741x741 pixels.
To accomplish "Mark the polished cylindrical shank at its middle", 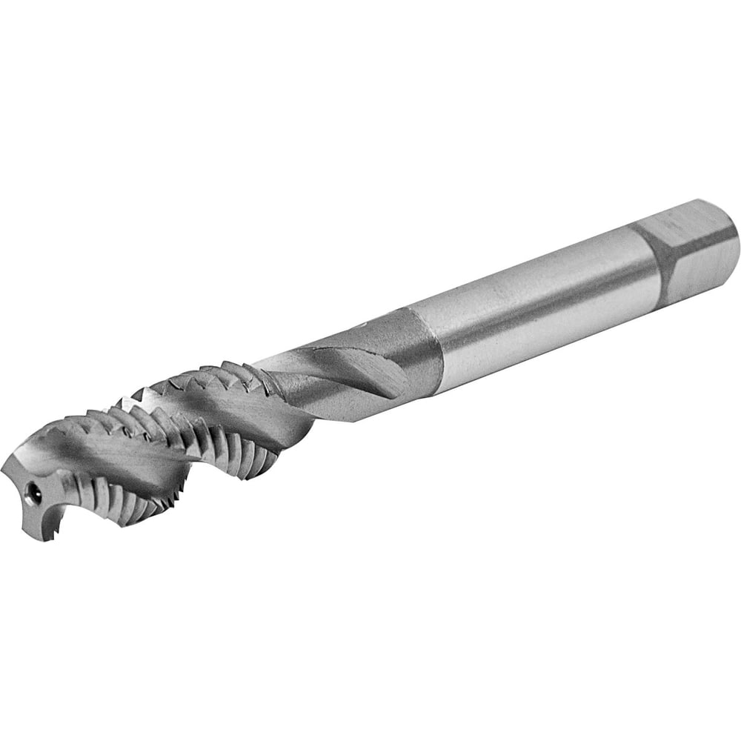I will click(534, 304).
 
